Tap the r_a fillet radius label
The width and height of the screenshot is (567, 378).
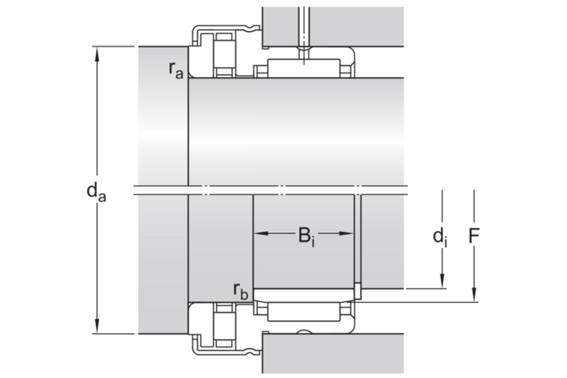176,69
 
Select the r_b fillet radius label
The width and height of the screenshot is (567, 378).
241,290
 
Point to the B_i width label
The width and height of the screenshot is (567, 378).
306,237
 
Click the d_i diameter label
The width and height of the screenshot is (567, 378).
440,238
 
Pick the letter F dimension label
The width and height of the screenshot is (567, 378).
474,235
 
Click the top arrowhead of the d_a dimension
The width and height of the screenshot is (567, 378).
97,54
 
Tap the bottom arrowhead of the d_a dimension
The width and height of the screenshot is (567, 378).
97,326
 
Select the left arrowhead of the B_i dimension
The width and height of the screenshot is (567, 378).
262,233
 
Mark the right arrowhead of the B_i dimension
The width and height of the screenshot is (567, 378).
346,233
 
